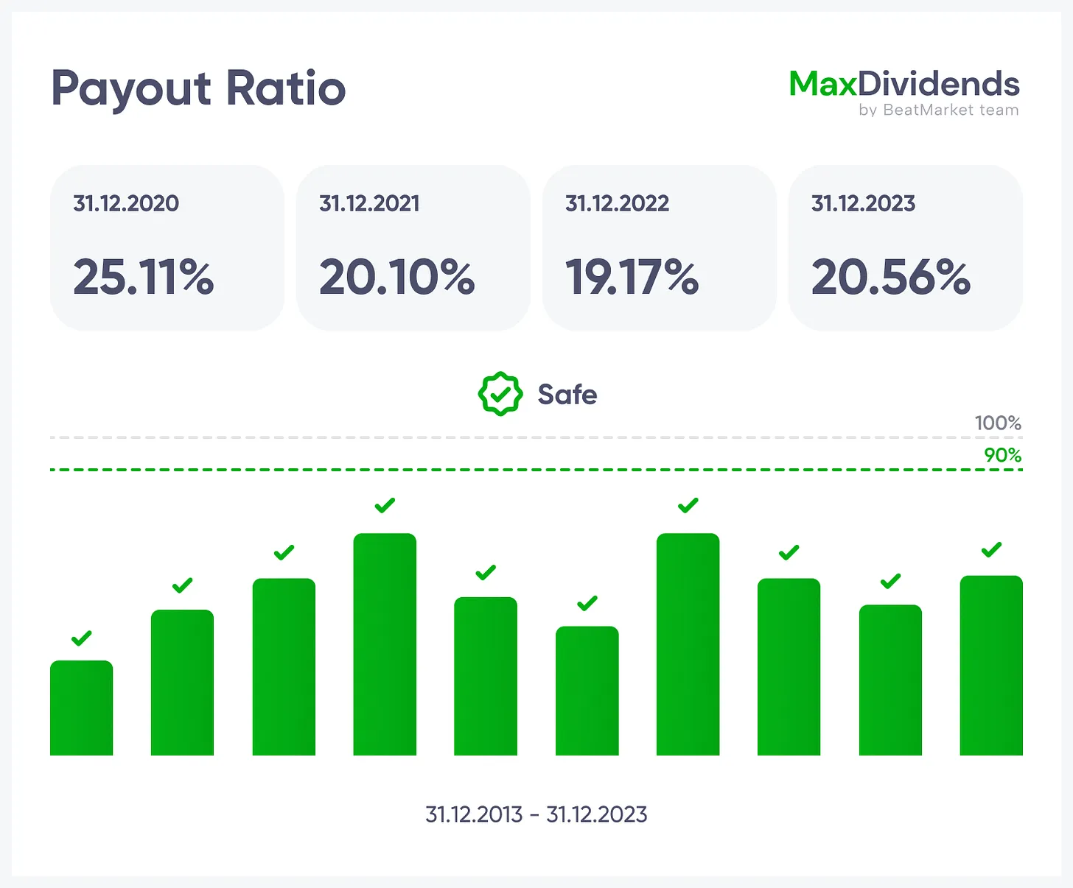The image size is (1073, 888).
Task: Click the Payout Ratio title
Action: point(198,89)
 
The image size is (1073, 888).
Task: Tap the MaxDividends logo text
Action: point(904,84)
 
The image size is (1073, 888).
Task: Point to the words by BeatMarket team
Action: point(938,110)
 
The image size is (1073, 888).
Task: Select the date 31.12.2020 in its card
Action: point(126,203)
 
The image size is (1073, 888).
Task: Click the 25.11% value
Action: point(144,278)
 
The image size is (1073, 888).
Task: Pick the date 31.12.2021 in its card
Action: point(369,203)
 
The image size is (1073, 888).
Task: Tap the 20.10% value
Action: point(397,278)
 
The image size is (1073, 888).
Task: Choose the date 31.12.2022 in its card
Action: point(617,203)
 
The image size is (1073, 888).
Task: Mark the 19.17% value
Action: point(632,278)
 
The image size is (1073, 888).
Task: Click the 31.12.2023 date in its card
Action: point(863,203)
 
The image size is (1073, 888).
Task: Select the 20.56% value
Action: point(891,278)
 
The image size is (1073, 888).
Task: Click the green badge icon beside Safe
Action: point(500,394)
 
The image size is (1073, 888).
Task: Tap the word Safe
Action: point(567,395)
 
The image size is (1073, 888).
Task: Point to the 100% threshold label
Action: point(998,423)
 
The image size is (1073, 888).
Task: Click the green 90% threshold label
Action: point(1002,455)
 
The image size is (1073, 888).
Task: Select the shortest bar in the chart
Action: point(81,708)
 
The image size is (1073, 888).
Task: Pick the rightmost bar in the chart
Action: point(991,666)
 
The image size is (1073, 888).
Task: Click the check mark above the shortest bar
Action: point(81,638)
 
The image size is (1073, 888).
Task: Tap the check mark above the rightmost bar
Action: point(991,549)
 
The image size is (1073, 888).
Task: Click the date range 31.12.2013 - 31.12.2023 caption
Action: point(536,814)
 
